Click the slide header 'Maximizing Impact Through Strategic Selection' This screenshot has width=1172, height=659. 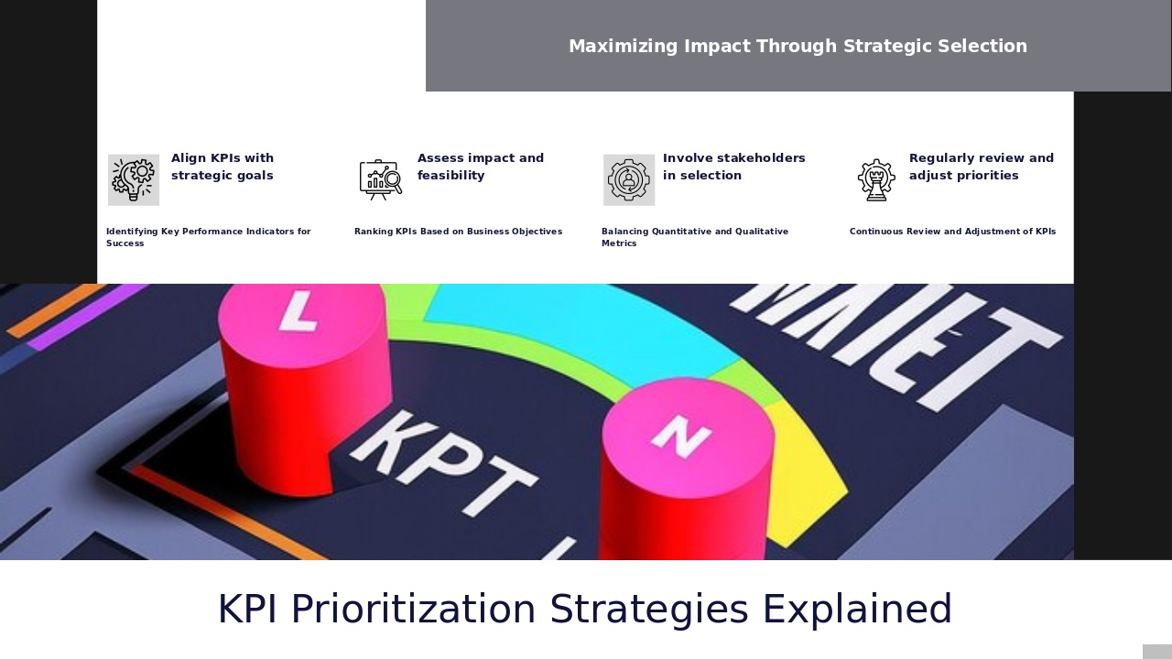tap(798, 46)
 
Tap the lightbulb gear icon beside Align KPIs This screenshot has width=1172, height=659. tap(134, 179)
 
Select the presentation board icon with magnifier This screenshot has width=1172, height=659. tap(380, 179)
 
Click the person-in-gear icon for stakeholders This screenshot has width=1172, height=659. tap(628, 179)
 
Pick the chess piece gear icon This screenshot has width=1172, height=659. tap(876, 179)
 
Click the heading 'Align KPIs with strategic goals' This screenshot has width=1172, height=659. tap(222, 167)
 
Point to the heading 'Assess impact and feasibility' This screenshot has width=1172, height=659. tap(481, 167)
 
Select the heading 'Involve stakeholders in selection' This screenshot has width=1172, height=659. tap(734, 167)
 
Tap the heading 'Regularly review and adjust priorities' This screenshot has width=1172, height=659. tap(982, 167)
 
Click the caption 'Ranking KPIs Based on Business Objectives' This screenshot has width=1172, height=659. tap(458, 232)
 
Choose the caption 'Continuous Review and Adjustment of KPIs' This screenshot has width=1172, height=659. tap(952, 232)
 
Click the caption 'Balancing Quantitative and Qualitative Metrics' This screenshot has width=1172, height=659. tap(694, 237)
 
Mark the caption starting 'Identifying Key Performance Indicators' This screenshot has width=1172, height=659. tap(208, 237)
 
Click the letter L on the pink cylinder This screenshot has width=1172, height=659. tap(298, 311)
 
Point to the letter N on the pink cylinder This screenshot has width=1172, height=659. tap(680, 435)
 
